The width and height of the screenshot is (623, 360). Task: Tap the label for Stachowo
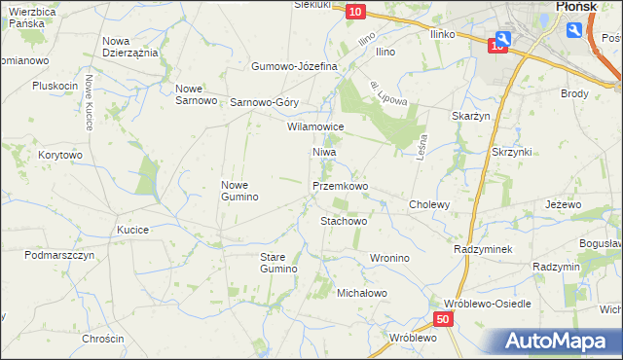coord(344,221)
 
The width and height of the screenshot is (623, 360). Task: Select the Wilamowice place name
coord(315,126)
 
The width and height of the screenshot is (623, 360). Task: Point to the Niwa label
coord(324,153)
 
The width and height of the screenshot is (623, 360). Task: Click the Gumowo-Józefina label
coord(294,66)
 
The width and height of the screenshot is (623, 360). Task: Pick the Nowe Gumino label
coord(239,191)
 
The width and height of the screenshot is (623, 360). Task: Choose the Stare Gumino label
coord(277,262)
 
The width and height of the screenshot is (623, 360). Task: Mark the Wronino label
coord(388,258)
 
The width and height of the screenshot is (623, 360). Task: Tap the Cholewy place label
coord(429,205)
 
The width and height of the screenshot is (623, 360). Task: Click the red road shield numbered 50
coord(443,319)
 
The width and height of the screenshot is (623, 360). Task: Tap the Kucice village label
coord(131,230)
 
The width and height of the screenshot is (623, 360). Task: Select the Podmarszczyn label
coord(59,255)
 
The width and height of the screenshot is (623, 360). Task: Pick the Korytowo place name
coord(60,155)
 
